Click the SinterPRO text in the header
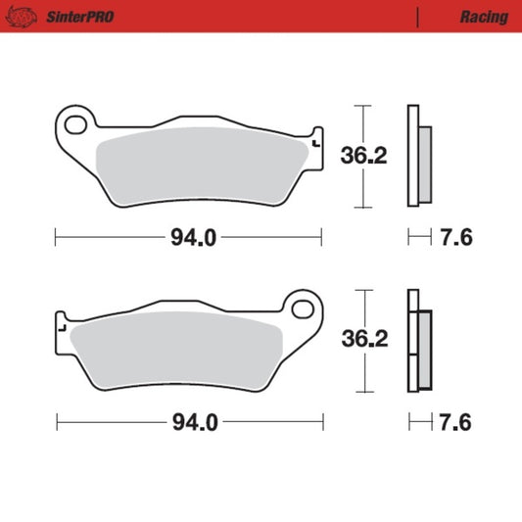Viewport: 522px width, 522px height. [70, 17]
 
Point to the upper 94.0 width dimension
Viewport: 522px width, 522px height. [190, 237]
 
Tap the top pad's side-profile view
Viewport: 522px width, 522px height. [418, 157]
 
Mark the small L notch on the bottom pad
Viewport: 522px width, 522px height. [62, 329]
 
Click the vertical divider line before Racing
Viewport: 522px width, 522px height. [418, 17]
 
